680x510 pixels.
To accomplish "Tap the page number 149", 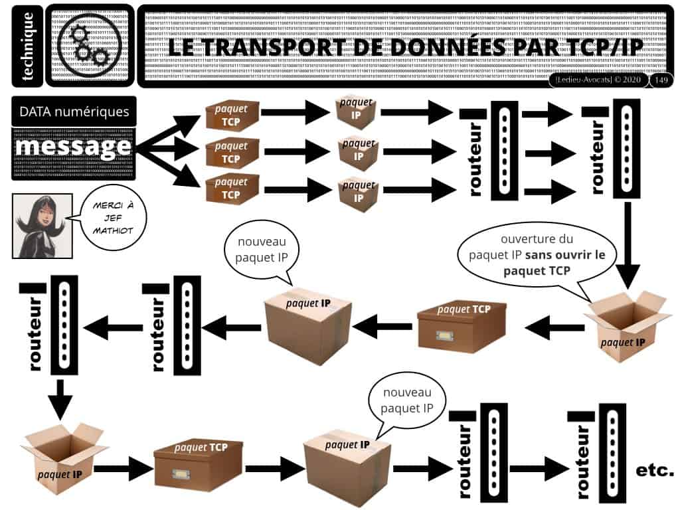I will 661,80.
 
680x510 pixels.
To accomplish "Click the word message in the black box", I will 73,147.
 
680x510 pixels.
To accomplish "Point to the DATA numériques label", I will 74,111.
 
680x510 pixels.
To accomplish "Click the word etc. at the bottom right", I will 654,470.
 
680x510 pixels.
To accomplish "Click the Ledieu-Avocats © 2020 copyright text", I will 598,80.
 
